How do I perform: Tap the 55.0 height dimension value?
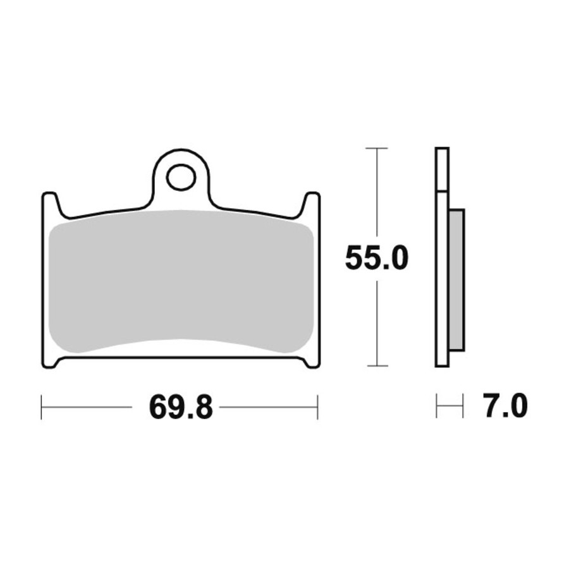point(377,257)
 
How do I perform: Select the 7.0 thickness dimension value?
point(506,407)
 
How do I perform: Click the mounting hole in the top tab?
point(181,178)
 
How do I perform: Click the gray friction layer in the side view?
point(456,279)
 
